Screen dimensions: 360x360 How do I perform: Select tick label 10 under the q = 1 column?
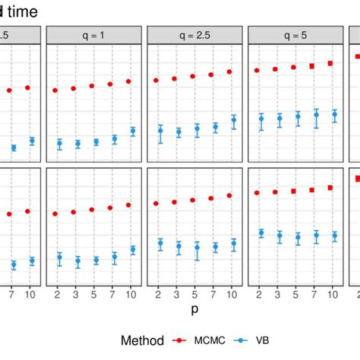[132, 293]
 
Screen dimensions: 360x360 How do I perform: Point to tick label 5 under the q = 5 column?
[297, 293]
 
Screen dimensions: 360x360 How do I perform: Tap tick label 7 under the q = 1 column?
[115, 293]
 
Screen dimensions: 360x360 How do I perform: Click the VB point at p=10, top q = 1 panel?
[133, 131]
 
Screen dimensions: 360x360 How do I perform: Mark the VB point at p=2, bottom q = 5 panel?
[261, 232]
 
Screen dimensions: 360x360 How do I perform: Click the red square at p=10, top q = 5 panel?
[330, 63]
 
